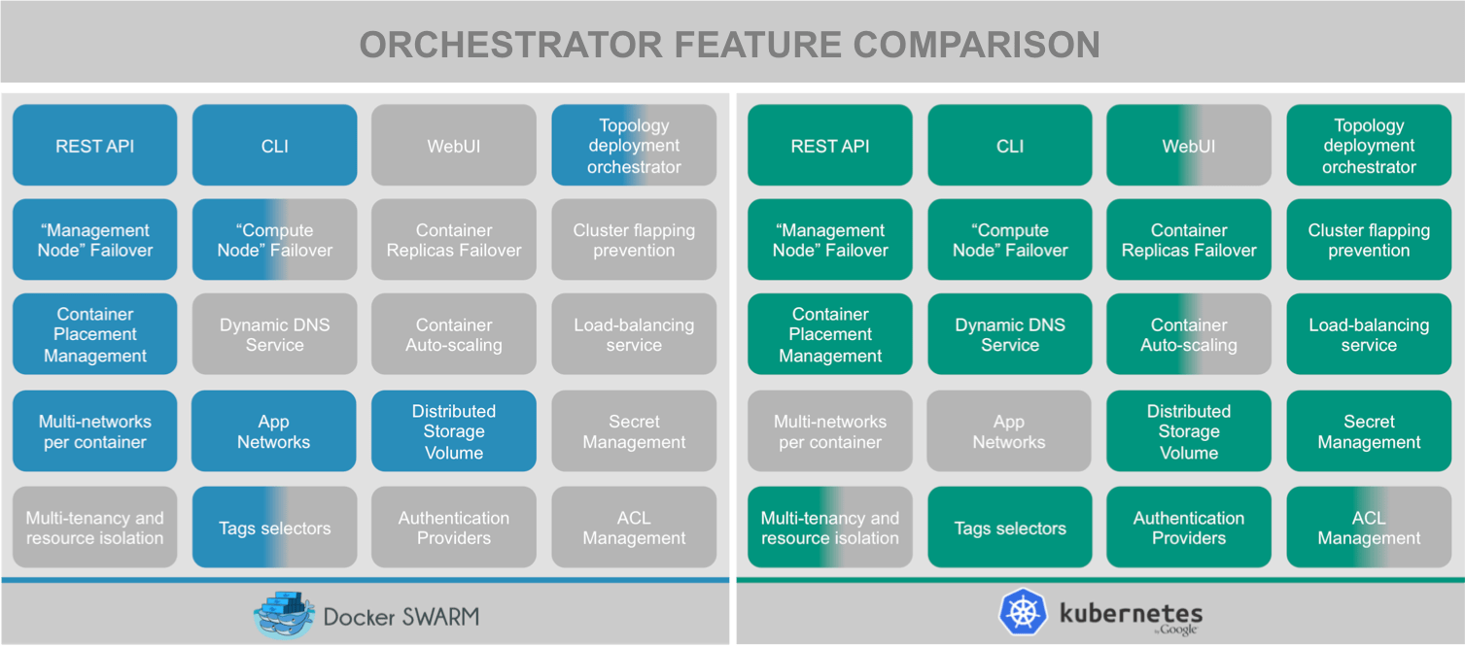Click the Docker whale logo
(284, 615)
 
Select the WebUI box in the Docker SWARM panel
(454, 146)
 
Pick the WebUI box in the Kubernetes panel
(1189, 146)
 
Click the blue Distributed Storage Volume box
(454, 431)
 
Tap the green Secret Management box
(1369, 431)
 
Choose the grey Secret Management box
(634, 431)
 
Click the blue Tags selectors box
(275, 528)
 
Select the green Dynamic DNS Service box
(1010, 335)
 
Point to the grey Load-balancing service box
(634, 335)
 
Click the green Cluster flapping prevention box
(1369, 240)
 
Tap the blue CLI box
(275, 146)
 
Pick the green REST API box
(830, 146)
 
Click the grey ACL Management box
(634, 528)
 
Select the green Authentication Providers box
(1189, 528)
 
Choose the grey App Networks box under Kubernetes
(1010, 431)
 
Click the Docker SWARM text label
(401, 616)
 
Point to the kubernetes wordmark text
(1131, 613)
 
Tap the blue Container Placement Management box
(95, 335)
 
